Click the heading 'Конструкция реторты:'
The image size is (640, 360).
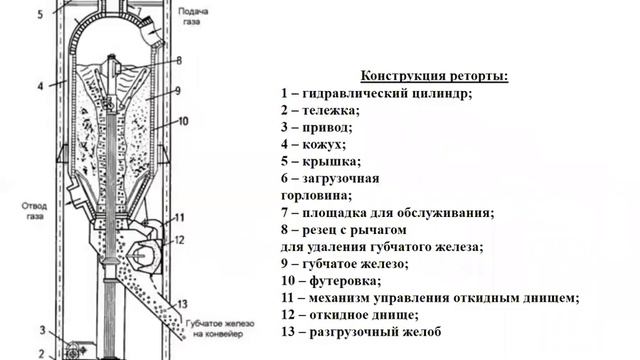tap(432, 77)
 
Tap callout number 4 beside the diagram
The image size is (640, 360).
tap(40, 87)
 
